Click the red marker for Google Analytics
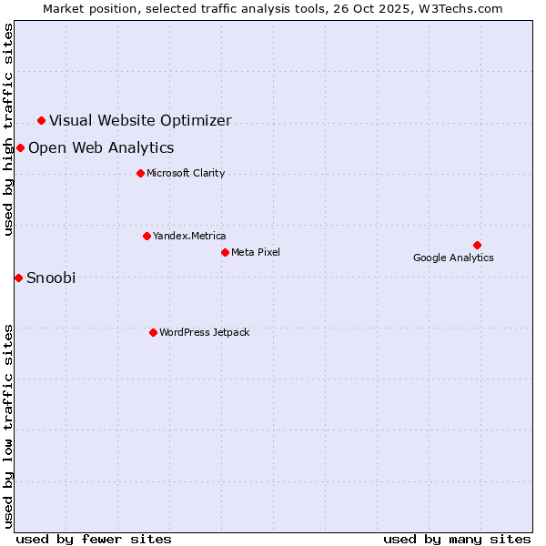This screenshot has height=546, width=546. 477,245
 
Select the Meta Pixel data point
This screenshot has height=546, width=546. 225,252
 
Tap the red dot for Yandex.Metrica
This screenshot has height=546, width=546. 147,236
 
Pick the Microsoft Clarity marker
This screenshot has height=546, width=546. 140,173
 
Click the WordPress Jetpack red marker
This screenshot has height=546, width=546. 153,332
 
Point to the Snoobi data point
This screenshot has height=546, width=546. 18,278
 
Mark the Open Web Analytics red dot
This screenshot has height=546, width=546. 20,147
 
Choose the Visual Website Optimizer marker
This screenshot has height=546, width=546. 41,120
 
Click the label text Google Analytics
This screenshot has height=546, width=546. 453,258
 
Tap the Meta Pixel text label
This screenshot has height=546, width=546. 256,252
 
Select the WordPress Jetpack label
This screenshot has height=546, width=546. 204,332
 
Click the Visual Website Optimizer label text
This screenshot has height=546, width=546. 140,120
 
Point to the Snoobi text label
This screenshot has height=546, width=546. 51,278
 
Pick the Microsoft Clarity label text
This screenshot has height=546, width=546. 186,173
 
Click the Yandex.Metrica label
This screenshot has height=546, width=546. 189,236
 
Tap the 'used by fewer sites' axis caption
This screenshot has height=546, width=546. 94,539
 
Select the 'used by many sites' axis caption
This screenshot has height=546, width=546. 457,539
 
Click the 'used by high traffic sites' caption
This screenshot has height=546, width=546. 9,129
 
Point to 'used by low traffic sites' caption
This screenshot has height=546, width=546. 9,425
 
